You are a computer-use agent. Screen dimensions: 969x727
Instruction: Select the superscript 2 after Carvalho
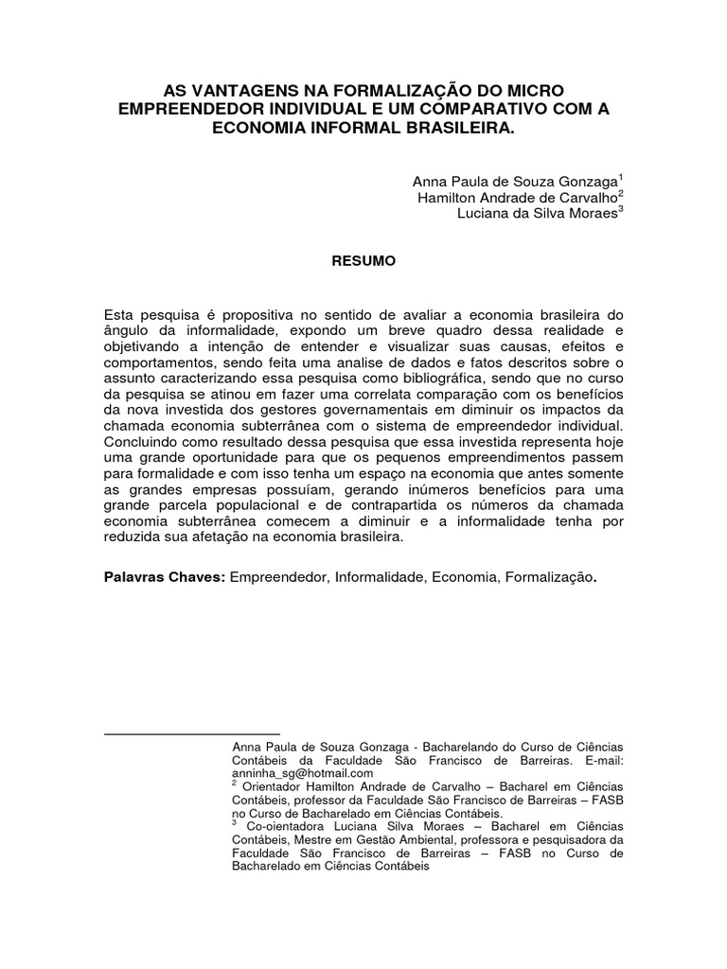pyautogui.click(x=621, y=193)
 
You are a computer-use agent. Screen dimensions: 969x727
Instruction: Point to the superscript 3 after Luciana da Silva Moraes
pyautogui.click(x=621, y=211)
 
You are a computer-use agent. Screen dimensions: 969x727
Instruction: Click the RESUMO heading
pyautogui.click(x=363, y=259)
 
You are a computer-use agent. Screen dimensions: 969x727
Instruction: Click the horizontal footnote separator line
pyautogui.click(x=191, y=733)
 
